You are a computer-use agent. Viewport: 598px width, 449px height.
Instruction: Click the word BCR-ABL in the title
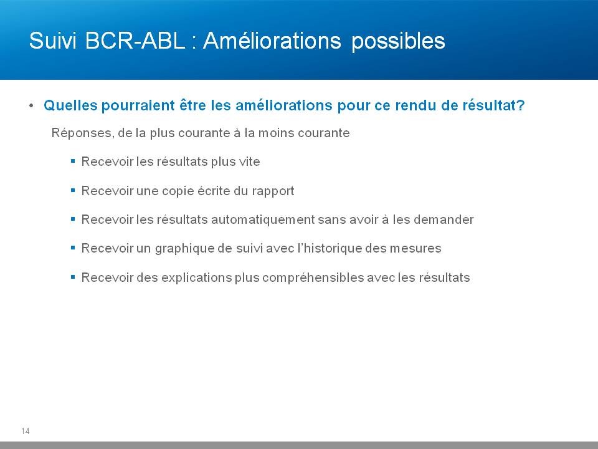click(135, 41)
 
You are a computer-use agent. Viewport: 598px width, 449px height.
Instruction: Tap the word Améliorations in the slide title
click(272, 40)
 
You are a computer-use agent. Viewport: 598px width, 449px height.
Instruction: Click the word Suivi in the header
click(53, 41)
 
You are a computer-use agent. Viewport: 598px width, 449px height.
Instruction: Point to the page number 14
click(25, 431)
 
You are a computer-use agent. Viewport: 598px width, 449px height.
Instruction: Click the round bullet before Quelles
click(31, 105)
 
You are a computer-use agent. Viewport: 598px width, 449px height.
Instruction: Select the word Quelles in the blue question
click(70, 105)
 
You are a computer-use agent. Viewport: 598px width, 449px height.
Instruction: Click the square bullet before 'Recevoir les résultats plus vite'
click(73, 161)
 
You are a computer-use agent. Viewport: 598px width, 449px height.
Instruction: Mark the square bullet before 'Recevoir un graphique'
click(73, 248)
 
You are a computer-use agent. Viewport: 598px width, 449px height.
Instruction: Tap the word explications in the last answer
click(196, 278)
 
